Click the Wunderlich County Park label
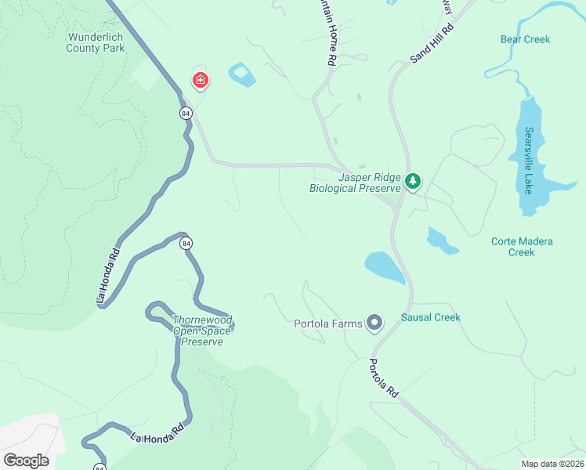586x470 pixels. [x=96, y=42]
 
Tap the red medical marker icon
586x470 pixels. [x=201, y=80]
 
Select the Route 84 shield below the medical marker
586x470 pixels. [x=185, y=114]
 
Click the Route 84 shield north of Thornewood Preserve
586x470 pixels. [x=186, y=244]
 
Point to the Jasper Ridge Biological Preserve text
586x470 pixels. [x=355, y=183]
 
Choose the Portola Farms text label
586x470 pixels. [x=328, y=324]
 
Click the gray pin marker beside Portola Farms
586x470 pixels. [x=375, y=322]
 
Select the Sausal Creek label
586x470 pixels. [x=430, y=317]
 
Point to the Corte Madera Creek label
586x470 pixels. [x=522, y=247]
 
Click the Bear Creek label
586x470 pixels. [x=525, y=39]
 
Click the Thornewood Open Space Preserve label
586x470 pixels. [x=203, y=331]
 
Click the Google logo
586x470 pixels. [x=26, y=460]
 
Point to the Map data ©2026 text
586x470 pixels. [x=552, y=464]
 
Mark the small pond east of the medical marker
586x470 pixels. [x=243, y=75]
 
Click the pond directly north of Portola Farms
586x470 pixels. [x=384, y=267]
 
